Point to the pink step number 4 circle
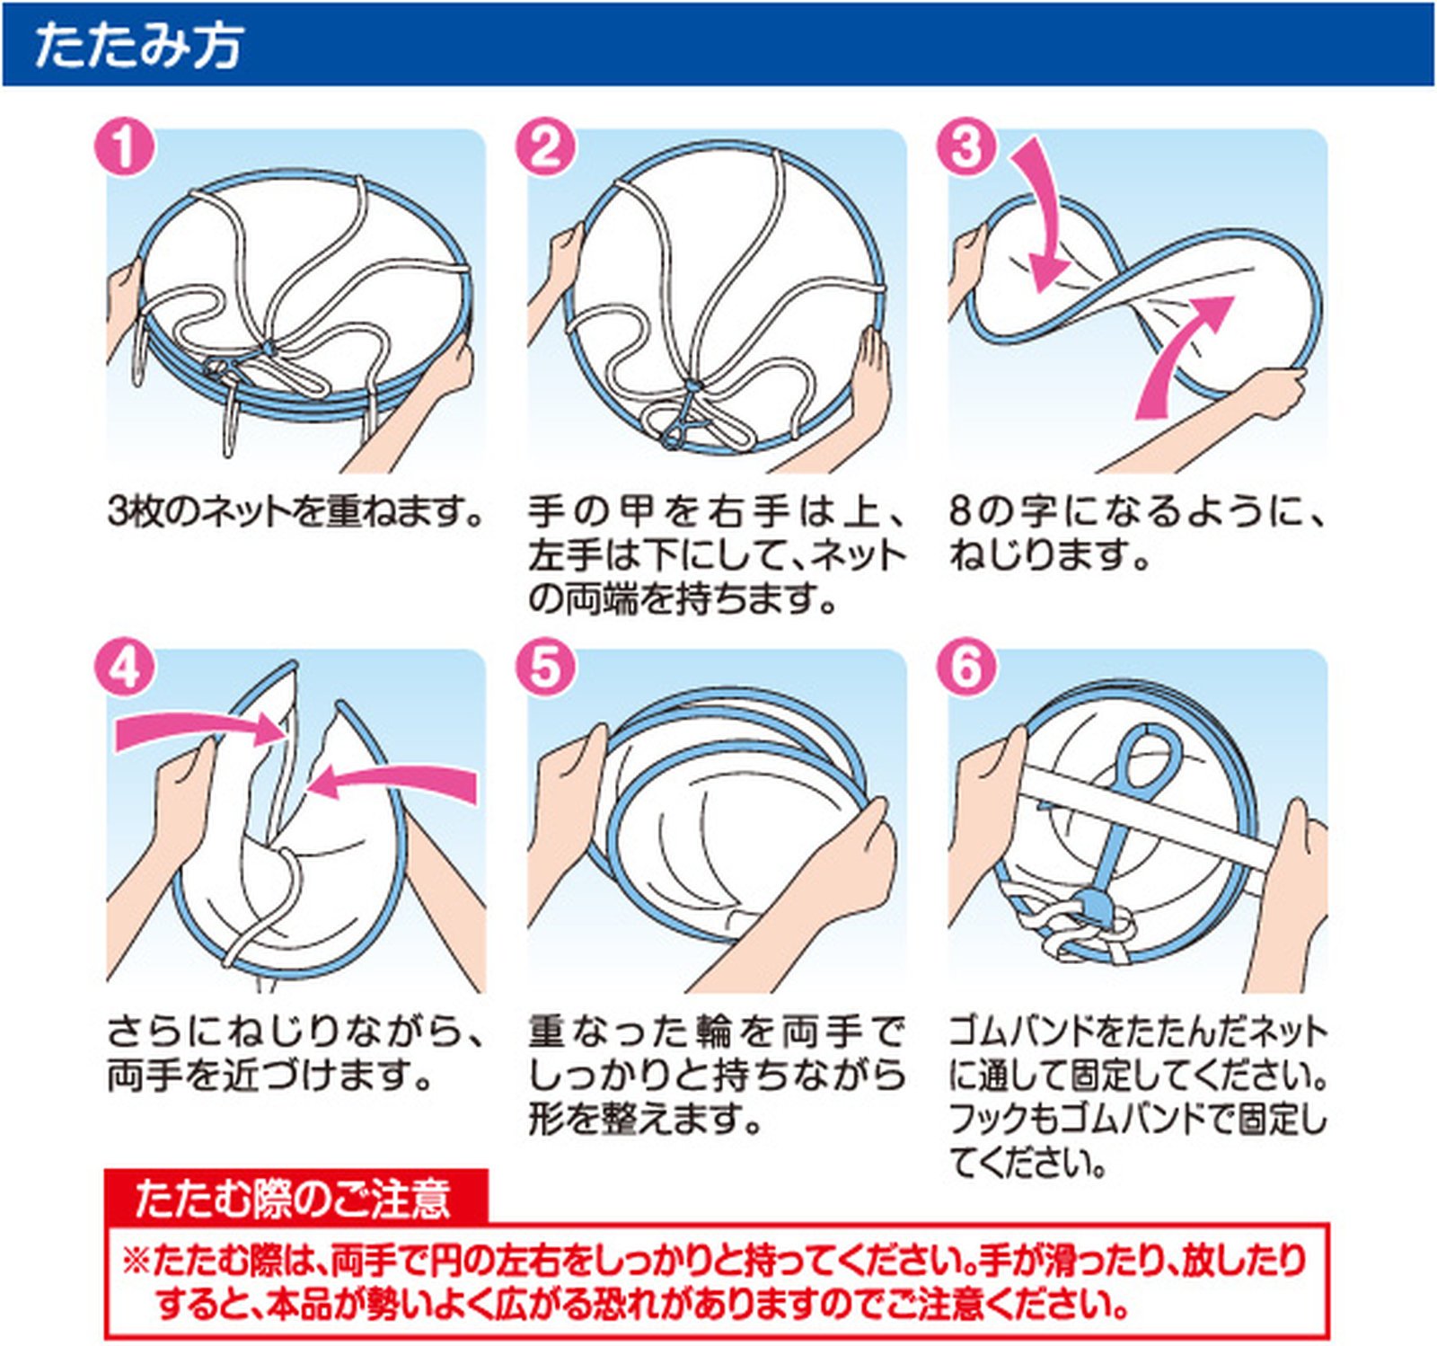124,669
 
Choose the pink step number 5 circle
545,669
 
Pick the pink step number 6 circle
966,669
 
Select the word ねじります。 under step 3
1049,556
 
